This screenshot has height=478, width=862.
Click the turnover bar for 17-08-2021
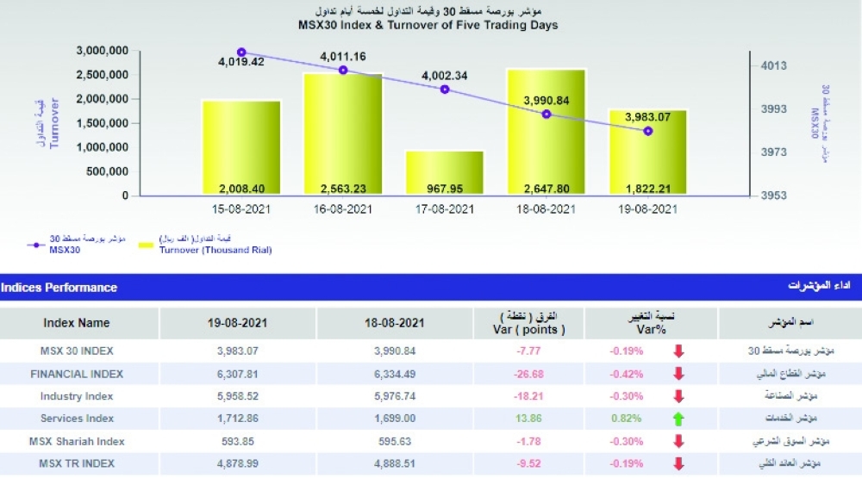point(444,172)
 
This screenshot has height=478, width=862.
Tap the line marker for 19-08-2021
point(648,131)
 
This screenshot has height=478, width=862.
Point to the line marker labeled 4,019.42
point(241,53)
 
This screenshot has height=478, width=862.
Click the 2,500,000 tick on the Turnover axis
point(102,75)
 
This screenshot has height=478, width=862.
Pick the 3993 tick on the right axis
point(770,109)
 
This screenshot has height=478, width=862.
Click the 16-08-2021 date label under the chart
point(343,209)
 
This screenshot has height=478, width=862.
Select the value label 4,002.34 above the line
point(445,76)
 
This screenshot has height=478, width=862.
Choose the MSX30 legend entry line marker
point(36,245)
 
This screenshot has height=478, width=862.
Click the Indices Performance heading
point(59,287)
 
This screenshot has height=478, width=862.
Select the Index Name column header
point(77,323)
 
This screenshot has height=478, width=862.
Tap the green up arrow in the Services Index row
point(678,419)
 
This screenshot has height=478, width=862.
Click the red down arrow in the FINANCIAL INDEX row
point(678,374)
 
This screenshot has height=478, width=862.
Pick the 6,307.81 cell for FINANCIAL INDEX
point(238,374)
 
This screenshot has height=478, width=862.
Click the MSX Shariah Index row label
point(77,441)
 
